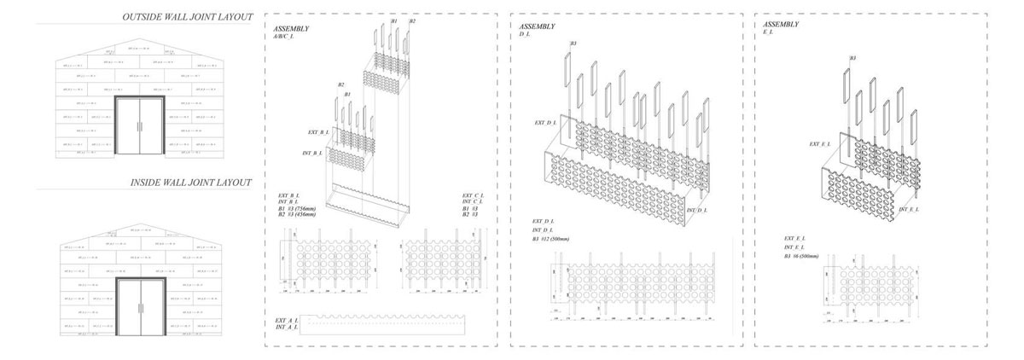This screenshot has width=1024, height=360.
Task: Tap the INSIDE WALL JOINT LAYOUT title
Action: coord(190,183)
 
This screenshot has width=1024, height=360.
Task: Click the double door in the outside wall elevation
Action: coord(141,125)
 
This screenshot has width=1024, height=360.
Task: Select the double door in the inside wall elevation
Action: coord(141,309)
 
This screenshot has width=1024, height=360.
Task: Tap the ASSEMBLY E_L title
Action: coord(780,29)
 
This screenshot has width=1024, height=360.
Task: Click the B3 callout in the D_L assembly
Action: coord(573,44)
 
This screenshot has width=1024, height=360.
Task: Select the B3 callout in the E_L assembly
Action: coord(852,58)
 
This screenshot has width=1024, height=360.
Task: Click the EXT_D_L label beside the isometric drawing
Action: coord(545,123)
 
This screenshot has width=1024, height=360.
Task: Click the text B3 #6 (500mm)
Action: coord(801,256)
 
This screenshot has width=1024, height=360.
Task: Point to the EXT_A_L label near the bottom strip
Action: coord(286,320)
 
